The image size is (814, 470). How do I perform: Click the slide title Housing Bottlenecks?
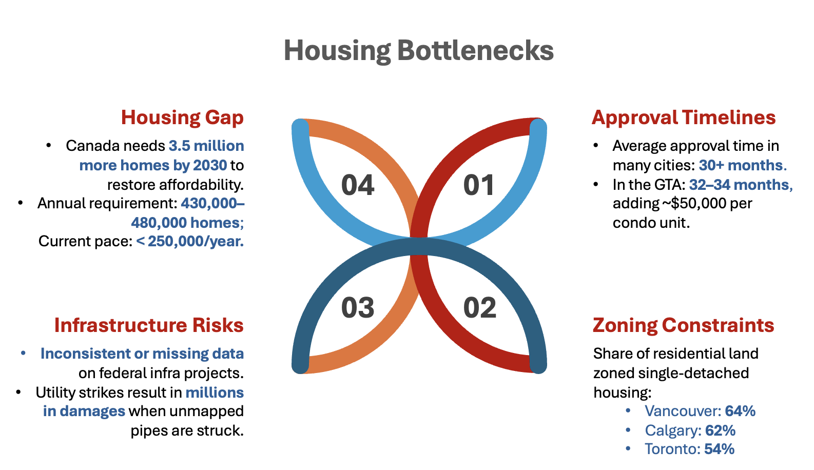pos(419,51)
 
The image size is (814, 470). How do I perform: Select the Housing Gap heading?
pos(182,117)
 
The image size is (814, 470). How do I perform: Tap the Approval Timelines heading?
pos(684,117)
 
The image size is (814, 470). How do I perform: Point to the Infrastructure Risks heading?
pos(149,325)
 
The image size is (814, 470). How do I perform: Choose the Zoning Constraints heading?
pos(683,325)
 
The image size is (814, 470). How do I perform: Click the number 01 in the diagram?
pos(478,185)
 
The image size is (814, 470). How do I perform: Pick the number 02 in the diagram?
pos(480,308)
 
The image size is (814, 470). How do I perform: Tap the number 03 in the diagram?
pos(358,308)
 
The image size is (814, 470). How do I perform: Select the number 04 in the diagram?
pos(358,185)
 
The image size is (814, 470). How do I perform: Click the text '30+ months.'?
pos(743,165)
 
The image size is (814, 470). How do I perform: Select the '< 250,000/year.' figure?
pos(190,241)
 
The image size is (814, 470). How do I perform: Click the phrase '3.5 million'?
pos(206,146)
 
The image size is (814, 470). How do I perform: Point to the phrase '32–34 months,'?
pos(741,185)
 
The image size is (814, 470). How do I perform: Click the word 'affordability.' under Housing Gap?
pos(176,185)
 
